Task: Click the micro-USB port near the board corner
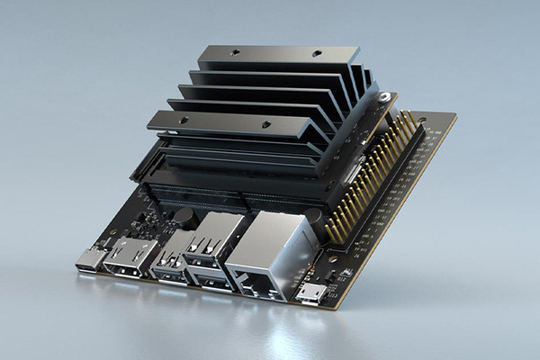pyautogui.click(x=311, y=293)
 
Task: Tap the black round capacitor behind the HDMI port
pyautogui.click(x=184, y=216)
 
